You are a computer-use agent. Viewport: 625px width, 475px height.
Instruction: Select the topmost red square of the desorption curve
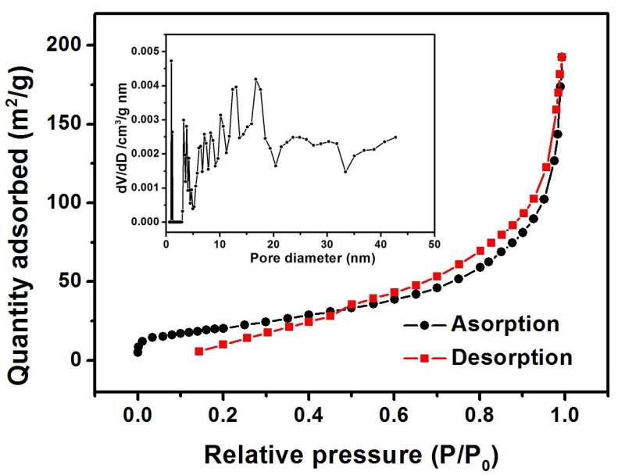pos(562,57)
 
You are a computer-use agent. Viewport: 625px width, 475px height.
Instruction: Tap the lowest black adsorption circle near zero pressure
pos(137,352)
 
